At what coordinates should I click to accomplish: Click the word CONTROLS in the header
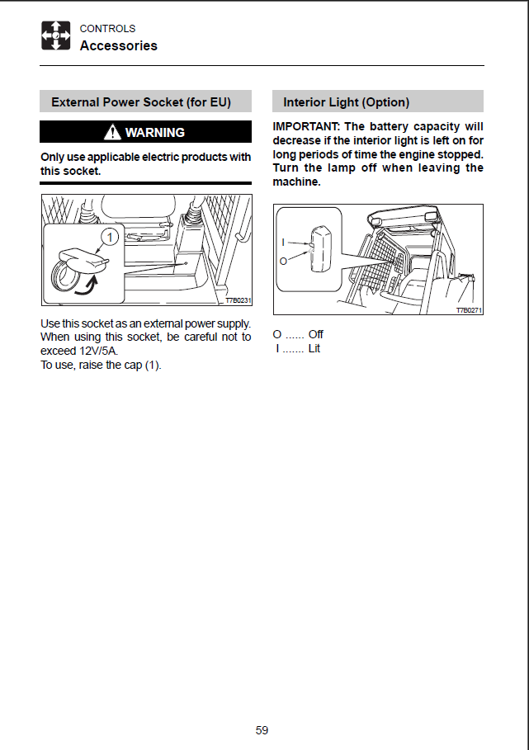107,29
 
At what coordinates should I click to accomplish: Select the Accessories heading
118,46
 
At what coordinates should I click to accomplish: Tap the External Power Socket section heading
140,102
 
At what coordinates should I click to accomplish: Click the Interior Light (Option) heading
346,102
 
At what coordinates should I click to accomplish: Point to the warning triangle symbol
111,132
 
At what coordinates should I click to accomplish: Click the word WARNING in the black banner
154,132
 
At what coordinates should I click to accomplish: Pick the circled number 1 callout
108,237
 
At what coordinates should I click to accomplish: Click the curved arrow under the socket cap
83,285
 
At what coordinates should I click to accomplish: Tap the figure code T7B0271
469,310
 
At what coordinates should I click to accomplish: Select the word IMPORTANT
306,126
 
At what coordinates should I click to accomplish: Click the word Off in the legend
315,335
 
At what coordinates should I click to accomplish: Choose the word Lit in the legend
314,349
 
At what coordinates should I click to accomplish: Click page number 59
262,729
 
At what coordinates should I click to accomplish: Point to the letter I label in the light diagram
283,242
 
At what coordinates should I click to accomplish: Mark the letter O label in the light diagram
283,260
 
